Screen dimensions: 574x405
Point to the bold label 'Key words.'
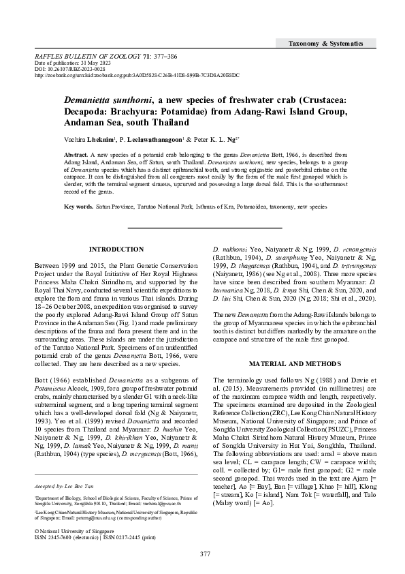point(79,206)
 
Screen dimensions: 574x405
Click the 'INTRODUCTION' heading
point(117,250)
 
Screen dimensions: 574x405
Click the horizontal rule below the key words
point(205,226)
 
